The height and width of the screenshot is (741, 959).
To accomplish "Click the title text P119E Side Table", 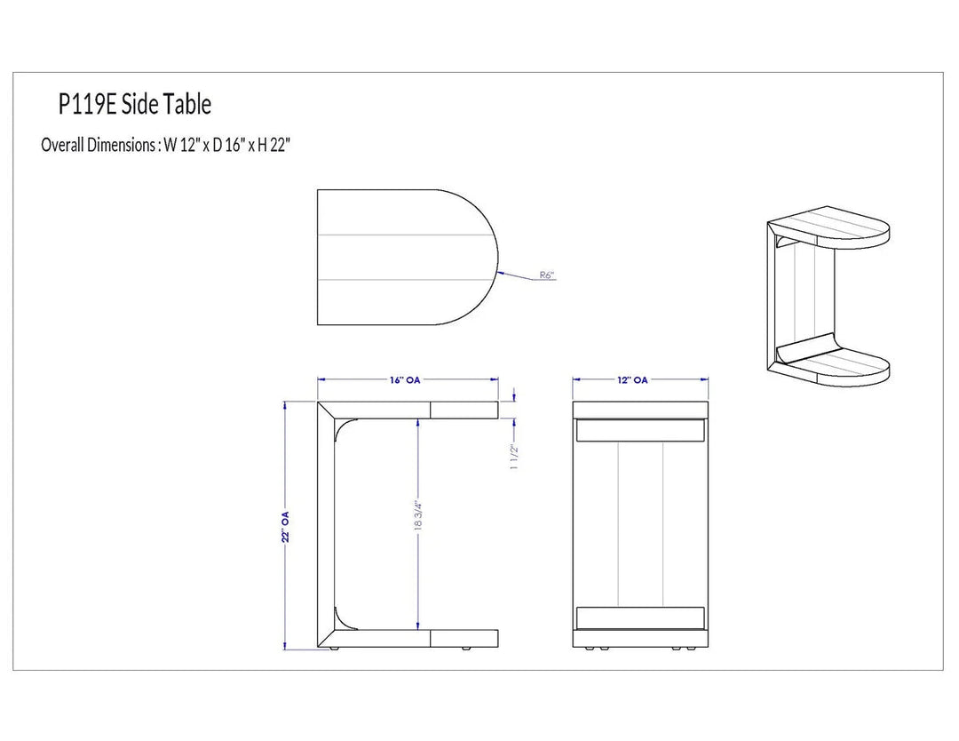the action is [x=135, y=105].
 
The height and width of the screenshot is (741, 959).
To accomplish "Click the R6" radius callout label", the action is [x=547, y=275].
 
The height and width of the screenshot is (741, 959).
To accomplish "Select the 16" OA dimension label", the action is [x=405, y=380].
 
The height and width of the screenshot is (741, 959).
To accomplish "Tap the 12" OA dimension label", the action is [x=632, y=380].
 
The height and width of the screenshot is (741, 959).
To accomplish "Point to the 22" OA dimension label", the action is [x=286, y=527].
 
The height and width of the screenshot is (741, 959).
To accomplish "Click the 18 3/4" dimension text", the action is [x=418, y=516].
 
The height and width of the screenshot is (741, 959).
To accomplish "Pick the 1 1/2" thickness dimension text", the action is [x=514, y=457].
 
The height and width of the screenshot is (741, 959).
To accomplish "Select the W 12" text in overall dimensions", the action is [x=178, y=145].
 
